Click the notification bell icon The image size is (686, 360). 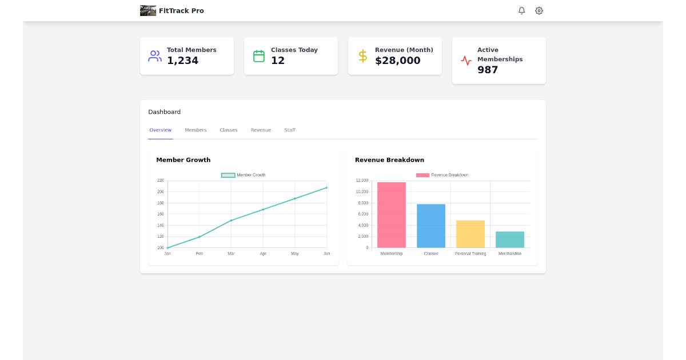[521, 10]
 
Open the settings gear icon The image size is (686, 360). [539, 10]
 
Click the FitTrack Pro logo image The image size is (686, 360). [148, 10]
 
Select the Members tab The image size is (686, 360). [196, 130]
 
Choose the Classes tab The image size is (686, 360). [228, 130]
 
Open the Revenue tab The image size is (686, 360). [261, 130]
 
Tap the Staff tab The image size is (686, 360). [290, 130]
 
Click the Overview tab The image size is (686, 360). [161, 130]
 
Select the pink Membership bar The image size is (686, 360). [392, 215]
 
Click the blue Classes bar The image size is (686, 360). [431, 226]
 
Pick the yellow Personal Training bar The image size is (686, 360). [470, 234]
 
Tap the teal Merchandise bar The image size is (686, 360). [509, 239]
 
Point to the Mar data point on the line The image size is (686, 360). [231, 221]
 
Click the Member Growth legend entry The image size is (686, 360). [244, 175]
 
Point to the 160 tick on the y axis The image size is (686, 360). [161, 214]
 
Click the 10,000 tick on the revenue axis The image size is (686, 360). [362, 191]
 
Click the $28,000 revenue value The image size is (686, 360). [397, 61]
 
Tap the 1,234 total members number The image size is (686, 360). [182, 61]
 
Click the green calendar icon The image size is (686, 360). [259, 56]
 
